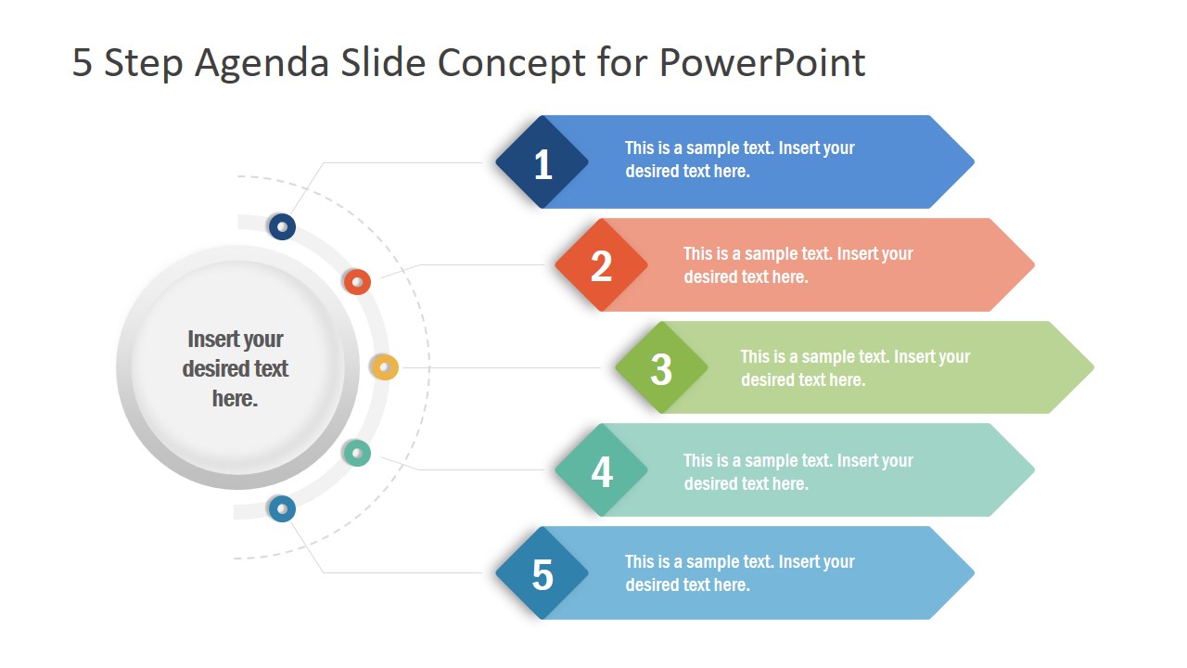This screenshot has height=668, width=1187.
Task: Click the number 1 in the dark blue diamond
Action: pyautogui.click(x=542, y=164)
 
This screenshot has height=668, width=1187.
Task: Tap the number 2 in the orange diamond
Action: pyautogui.click(x=602, y=266)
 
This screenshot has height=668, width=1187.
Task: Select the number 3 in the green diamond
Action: pyautogui.click(x=661, y=369)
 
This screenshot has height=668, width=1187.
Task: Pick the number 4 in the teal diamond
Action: pyautogui.click(x=602, y=471)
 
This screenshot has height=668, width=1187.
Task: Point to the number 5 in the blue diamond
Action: pyautogui.click(x=542, y=575)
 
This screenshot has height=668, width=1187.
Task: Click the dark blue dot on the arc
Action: pyautogui.click(x=282, y=226)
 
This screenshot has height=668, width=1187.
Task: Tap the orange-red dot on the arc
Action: pyautogui.click(x=357, y=282)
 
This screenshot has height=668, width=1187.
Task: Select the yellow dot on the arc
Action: pyautogui.click(x=384, y=367)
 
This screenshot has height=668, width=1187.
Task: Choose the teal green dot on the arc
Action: pyautogui.click(x=357, y=453)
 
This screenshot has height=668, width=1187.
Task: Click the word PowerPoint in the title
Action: pyautogui.click(x=762, y=63)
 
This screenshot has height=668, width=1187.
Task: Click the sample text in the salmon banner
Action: pyautogui.click(x=798, y=265)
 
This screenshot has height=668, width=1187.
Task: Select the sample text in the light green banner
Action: pyautogui.click(x=854, y=368)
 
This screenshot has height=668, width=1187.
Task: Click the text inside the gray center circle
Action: pyautogui.click(x=236, y=368)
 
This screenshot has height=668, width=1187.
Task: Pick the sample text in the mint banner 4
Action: pyautogui.click(x=798, y=471)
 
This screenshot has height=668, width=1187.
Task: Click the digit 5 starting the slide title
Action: pyautogui.click(x=83, y=63)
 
